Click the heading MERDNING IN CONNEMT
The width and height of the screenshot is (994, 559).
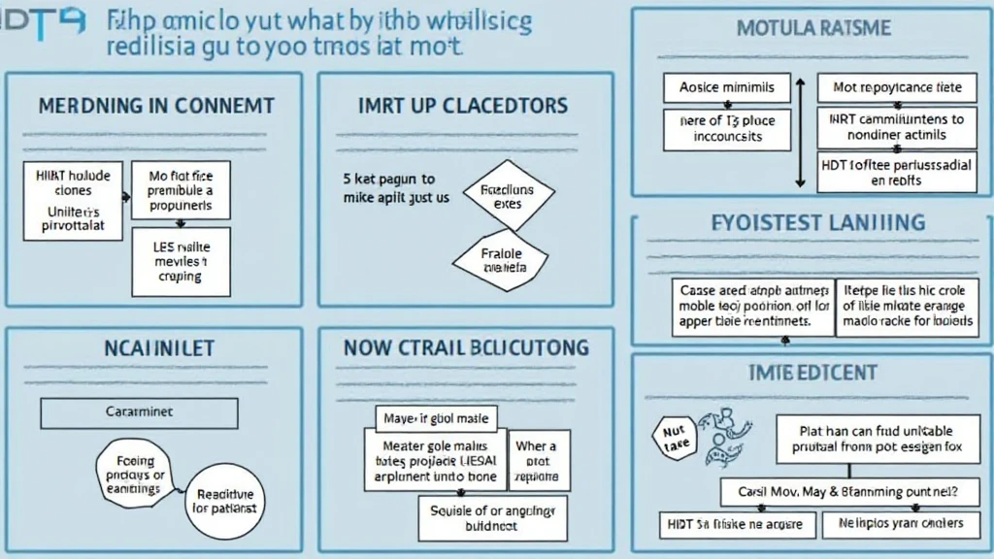[155, 106]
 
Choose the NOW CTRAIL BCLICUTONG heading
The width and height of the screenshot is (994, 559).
[466, 348]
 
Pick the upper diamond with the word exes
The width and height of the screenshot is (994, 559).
[507, 197]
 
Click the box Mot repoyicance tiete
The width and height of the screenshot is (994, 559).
[897, 88]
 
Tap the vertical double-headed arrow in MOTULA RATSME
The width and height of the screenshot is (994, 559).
[800, 133]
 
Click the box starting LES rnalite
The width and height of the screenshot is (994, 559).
[181, 262]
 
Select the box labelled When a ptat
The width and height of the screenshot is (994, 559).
[536, 461]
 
